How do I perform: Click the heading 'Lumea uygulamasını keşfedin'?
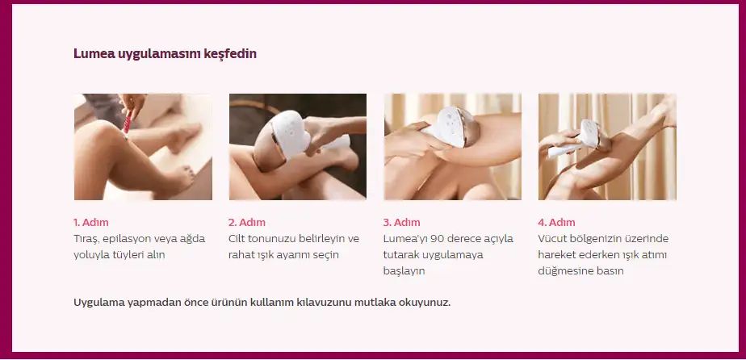coord(165,54)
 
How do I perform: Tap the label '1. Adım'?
coord(91,222)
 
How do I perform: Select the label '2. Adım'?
coord(247,222)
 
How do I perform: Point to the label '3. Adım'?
coord(401,222)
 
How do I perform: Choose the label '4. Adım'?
coord(556,222)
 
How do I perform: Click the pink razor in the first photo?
coord(127,122)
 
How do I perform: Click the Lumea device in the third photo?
coord(449,127)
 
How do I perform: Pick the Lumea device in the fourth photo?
coord(580,138)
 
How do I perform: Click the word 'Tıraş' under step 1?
coord(86,239)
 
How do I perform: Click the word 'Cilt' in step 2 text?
coord(237,238)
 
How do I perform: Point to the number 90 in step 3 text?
coord(436,238)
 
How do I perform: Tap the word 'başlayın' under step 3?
coord(404,271)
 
